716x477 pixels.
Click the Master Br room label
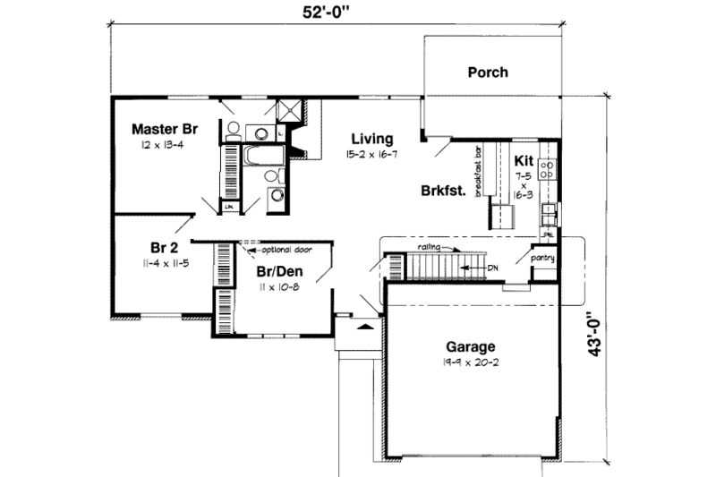point(164,128)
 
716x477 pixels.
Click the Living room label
point(372,139)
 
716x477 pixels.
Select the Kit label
point(524,160)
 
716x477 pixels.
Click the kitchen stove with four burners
point(547,168)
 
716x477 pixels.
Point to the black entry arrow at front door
point(363,328)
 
